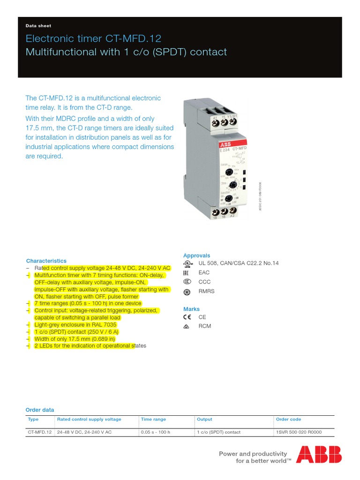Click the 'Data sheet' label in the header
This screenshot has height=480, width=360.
(x=38, y=26)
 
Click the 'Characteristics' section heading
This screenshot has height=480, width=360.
(x=46, y=261)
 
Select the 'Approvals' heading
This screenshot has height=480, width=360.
(x=196, y=255)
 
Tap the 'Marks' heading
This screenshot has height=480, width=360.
(x=191, y=309)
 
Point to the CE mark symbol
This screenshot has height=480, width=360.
(x=187, y=317)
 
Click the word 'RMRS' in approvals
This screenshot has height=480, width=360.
(x=206, y=291)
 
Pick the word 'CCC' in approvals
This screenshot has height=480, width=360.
(x=204, y=282)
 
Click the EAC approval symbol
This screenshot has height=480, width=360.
(x=187, y=272)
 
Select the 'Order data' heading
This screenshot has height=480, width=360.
(x=40, y=410)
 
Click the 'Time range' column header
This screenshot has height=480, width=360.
(x=153, y=419)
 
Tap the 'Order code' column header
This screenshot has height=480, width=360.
(x=288, y=419)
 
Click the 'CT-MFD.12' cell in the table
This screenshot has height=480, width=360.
(x=39, y=432)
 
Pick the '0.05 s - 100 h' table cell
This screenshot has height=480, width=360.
(x=156, y=432)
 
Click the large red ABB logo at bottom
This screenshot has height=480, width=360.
(x=318, y=455)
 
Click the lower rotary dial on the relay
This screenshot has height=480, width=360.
(x=228, y=198)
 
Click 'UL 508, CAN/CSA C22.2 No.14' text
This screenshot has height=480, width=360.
(x=239, y=263)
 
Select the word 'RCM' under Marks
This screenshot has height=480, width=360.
(x=205, y=326)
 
